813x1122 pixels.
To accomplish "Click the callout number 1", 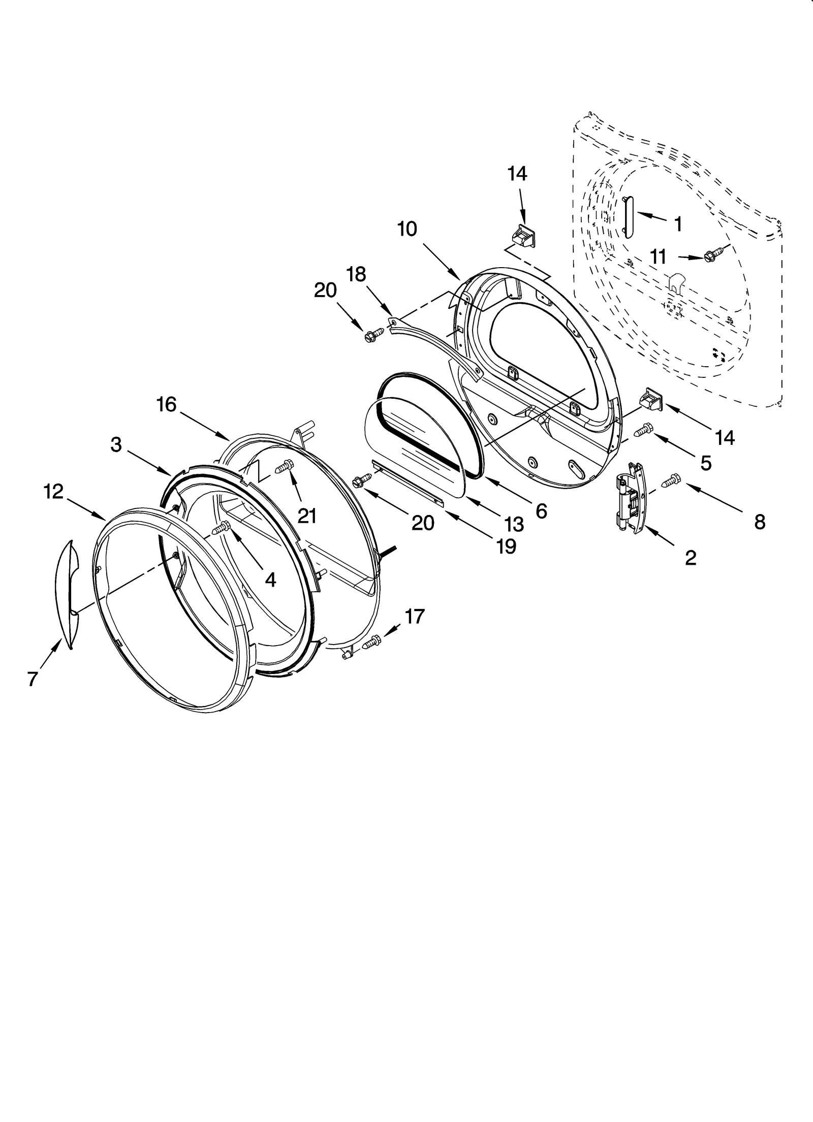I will click(x=677, y=224).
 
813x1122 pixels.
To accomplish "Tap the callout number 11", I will click(x=658, y=257).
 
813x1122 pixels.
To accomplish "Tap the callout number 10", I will click(x=407, y=229).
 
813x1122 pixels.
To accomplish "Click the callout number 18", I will click(x=356, y=274).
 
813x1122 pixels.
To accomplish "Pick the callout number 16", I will click(x=166, y=405).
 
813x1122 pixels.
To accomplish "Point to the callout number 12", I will click(x=53, y=491).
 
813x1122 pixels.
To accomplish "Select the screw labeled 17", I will click(x=372, y=643).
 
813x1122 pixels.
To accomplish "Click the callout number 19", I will click(x=507, y=546).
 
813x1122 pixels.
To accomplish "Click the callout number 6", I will click(x=541, y=511).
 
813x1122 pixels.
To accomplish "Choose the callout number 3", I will click(x=116, y=444).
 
